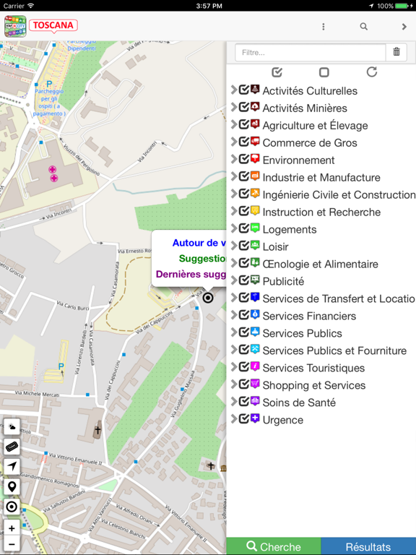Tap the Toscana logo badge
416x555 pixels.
point(53,26)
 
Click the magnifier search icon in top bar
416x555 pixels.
point(364,27)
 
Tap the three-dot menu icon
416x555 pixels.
point(323,27)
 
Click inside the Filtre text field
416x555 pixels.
point(310,52)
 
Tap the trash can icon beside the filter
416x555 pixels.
point(396,52)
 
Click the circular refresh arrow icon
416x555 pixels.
point(372,72)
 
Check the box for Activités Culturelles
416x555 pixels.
point(244,90)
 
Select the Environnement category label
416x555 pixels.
point(298,160)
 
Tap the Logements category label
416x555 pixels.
point(289,230)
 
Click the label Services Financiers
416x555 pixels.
point(309,316)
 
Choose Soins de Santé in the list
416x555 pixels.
point(299,403)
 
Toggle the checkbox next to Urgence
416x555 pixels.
point(244,419)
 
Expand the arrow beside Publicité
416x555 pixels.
point(233,281)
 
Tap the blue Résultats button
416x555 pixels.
point(368,546)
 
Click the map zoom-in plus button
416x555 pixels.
point(12,528)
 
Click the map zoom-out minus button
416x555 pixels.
point(12,544)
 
